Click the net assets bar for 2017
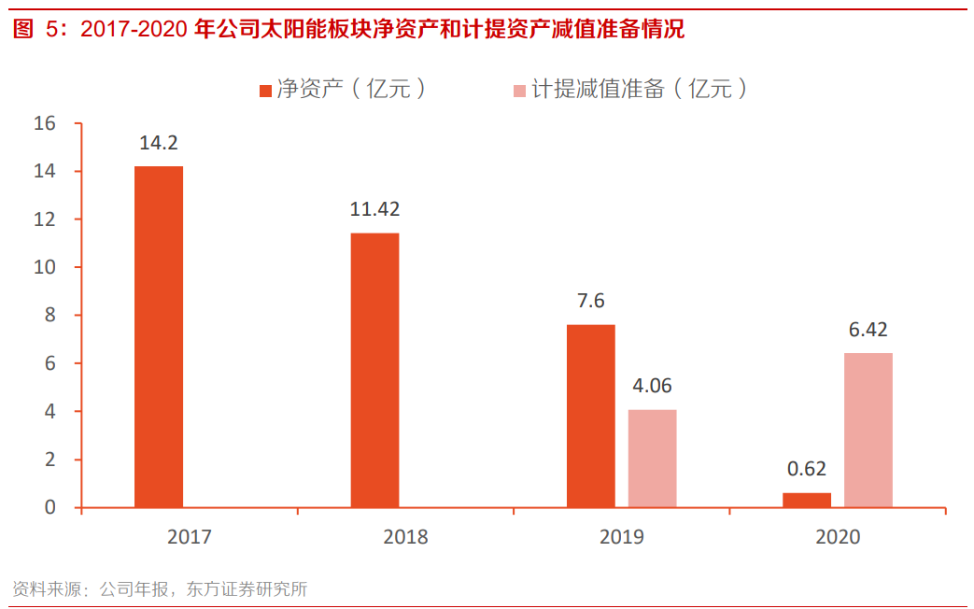point(159,337)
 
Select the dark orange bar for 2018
point(374,371)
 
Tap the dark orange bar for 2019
point(591,417)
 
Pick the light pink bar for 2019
point(652,459)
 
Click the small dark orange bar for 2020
point(807,501)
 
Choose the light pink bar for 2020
point(868,431)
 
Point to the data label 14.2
point(159,144)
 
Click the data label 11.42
point(374,209)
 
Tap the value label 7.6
point(591,301)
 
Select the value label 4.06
point(652,386)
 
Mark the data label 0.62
point(807,469)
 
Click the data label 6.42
point(868,330)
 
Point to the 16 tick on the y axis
point(44,123)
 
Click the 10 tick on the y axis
point(44,267)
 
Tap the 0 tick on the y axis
point(50,507)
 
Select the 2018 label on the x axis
point(405,537)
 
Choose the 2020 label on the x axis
point(838,537)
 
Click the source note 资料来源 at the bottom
point(160,589)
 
